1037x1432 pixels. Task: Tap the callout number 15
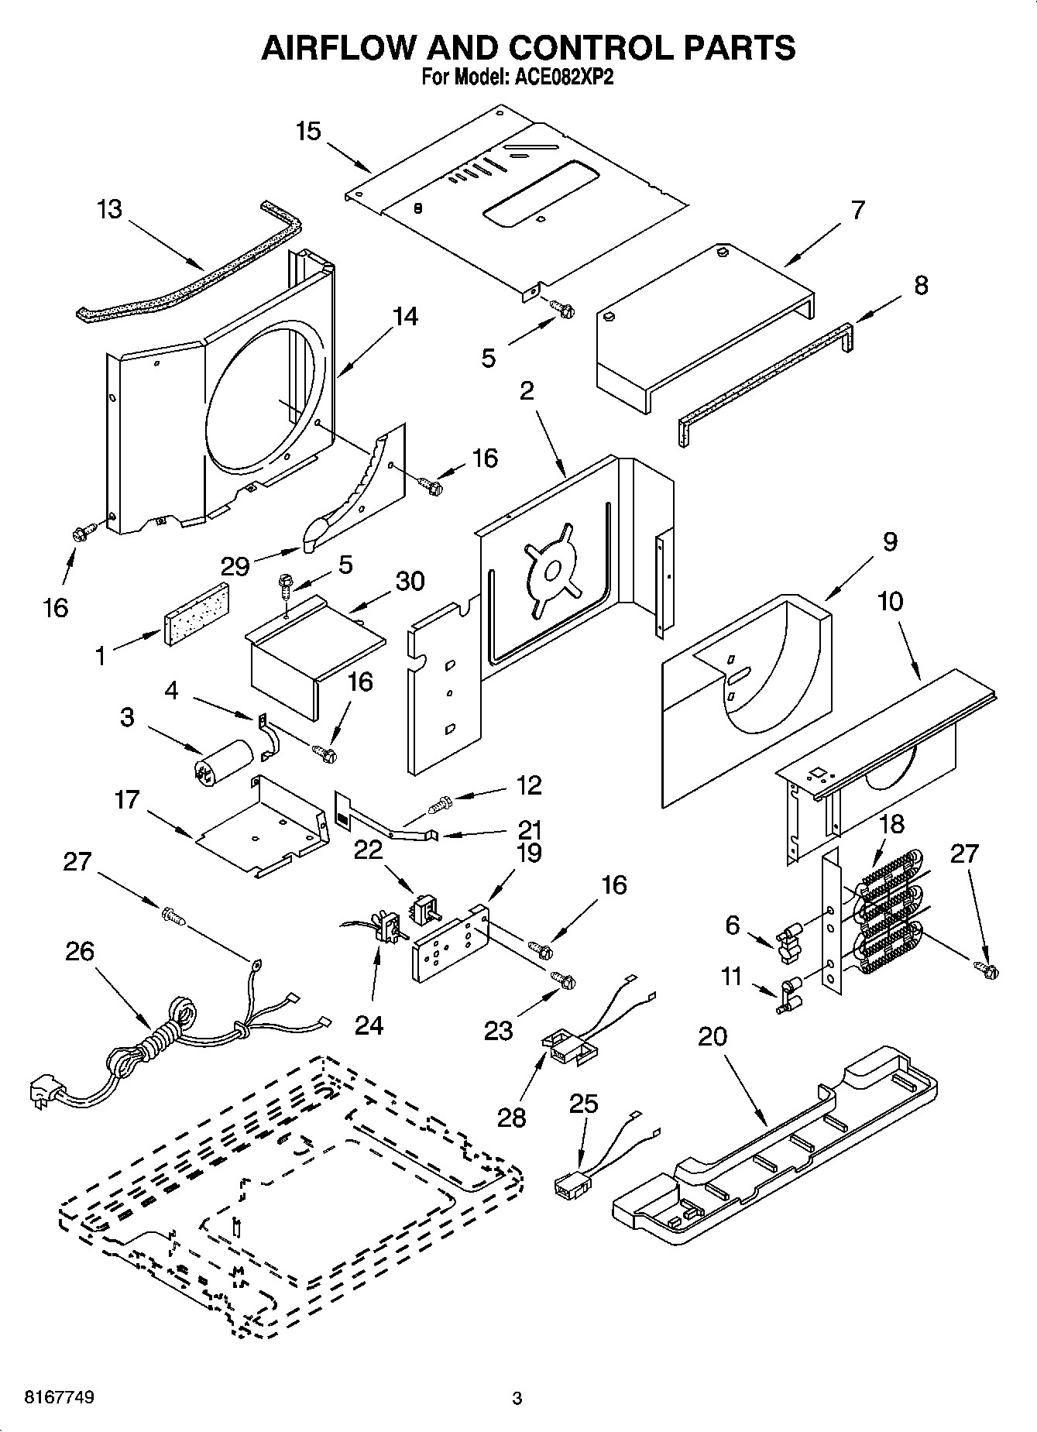[307, 131]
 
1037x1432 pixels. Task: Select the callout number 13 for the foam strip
[110, 209]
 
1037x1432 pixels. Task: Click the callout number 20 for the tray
[713, 1035]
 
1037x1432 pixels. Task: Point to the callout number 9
[890, 541]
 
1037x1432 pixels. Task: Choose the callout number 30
[410, 580]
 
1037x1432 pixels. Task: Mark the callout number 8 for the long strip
[921, 285]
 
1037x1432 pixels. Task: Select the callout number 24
[369, 1024]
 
